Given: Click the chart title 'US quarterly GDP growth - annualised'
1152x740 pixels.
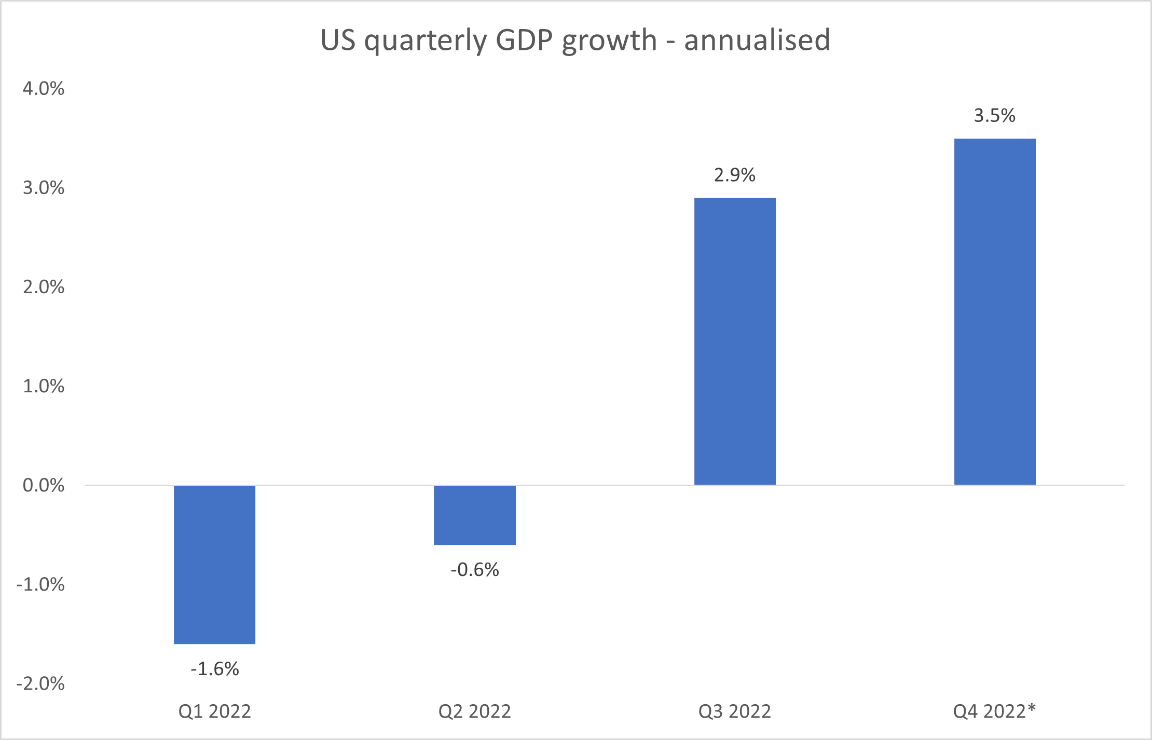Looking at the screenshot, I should point(575,40).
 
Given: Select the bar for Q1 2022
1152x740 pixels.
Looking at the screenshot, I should point(214,565).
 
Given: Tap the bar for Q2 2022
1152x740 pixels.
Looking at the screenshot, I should point(475,515).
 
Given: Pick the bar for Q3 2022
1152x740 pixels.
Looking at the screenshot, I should point(735,341).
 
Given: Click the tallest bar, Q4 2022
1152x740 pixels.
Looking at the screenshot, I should point(995,311).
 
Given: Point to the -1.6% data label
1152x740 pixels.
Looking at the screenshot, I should point(214,669).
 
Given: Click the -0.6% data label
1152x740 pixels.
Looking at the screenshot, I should point(475,570).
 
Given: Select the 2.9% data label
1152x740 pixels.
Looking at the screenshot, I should point(735,175).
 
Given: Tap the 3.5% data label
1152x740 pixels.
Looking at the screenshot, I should point(995,116).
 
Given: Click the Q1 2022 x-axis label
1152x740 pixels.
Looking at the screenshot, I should point(214,711).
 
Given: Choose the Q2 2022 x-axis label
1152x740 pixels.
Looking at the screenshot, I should point(475,711).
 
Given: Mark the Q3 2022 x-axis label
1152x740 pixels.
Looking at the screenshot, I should point(735,711).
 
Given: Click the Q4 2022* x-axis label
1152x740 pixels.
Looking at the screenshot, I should point(994,711).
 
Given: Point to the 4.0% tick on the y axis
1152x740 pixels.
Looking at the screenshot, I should point(44,89).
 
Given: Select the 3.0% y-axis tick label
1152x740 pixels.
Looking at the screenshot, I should point(44,188).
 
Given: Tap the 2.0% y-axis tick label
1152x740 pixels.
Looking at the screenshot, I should point(44,287).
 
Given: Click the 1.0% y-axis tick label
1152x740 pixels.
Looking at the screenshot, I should point(44,386).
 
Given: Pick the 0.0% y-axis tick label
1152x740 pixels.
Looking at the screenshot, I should point(44,485).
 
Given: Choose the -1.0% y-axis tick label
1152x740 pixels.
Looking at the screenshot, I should point(40,585).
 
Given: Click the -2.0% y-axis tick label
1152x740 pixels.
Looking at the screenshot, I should point(40,684).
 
